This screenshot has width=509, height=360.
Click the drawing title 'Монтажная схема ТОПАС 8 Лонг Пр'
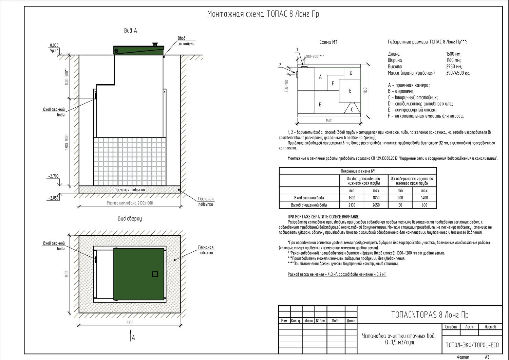pyautogui.click(x=263, y=14)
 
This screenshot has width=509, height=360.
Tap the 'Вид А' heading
pyautogui.click(x=130, y=31)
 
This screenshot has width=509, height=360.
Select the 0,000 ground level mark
pyautogui.click(x=54, y=45)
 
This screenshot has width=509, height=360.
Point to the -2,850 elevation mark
pyautogui.click(x=53, y=198)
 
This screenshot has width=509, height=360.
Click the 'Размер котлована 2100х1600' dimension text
pyautogui.click(x=130, y=203)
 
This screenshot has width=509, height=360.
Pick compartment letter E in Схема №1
pyautogui.click(x=350, y=91)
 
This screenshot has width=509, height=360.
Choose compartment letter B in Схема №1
pyautogui.click(x=320, y=105)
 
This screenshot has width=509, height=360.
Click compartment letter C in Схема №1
pyautogui.click(x=352, y=110)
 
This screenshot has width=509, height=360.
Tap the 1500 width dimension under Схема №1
pyautogui.click(x=329, y=121)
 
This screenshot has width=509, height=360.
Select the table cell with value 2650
pyautogui.click(x=376, y=205)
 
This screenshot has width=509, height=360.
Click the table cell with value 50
pyautogui.click(x=400, y=205)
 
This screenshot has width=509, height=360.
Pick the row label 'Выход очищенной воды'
pyautogui.click(x=309, y=205)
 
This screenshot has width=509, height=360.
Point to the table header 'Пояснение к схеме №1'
pyautogui.click(x=358, y=171)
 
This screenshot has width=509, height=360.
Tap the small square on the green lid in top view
pyautogui.click(x=155, y=274)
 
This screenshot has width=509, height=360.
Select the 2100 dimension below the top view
pyautogui.click(x=130, y=322)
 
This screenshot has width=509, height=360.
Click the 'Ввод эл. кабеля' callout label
pyautogui.click(x=186, y=41)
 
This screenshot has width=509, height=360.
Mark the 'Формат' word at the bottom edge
pyautogui.click(x=463, y=357)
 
